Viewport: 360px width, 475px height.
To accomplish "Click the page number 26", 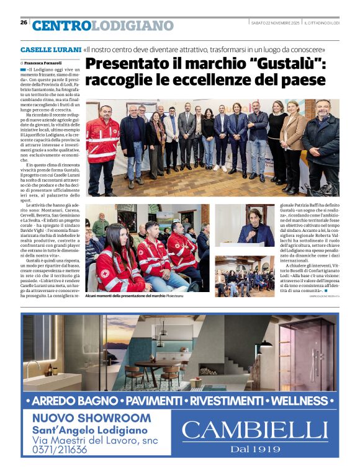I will tap(24, 22).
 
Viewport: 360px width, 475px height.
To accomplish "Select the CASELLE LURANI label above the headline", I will tap(50, 50).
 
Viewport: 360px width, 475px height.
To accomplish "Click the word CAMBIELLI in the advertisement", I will tap(254, 430).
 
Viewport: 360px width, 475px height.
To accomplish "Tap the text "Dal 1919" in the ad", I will tap(254, 449).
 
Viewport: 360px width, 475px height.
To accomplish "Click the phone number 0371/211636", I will tap(60, 450).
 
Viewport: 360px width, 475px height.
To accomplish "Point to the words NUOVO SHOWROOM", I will tap(91, 418).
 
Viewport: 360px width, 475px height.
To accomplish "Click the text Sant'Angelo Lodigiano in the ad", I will tap(90, 430).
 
